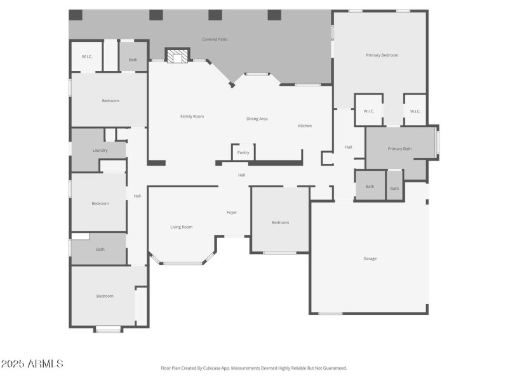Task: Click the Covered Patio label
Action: pos(215,39)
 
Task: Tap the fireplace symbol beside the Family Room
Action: pos(177,57)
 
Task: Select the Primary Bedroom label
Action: pos(382,55)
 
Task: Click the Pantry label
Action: pos(243,152)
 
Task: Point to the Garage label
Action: pos(370,258)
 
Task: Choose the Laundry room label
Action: pos(100,150)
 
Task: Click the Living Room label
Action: pos(181,227)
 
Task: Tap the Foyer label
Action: pos(232,212)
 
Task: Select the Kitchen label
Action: pos(305,126)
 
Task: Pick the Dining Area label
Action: pos(257,119)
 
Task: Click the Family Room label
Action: pos(192,116)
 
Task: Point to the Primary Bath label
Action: pos(399,149)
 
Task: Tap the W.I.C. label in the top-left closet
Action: pos(87,57)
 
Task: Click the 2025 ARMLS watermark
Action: pos(32,364)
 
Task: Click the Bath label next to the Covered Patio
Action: pos(133,60)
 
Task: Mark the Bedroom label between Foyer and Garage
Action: pos(280,222)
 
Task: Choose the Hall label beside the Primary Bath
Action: pos(349,147)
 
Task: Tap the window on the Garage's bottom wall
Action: pos(330,313)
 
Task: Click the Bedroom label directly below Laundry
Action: pos(100,203)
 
